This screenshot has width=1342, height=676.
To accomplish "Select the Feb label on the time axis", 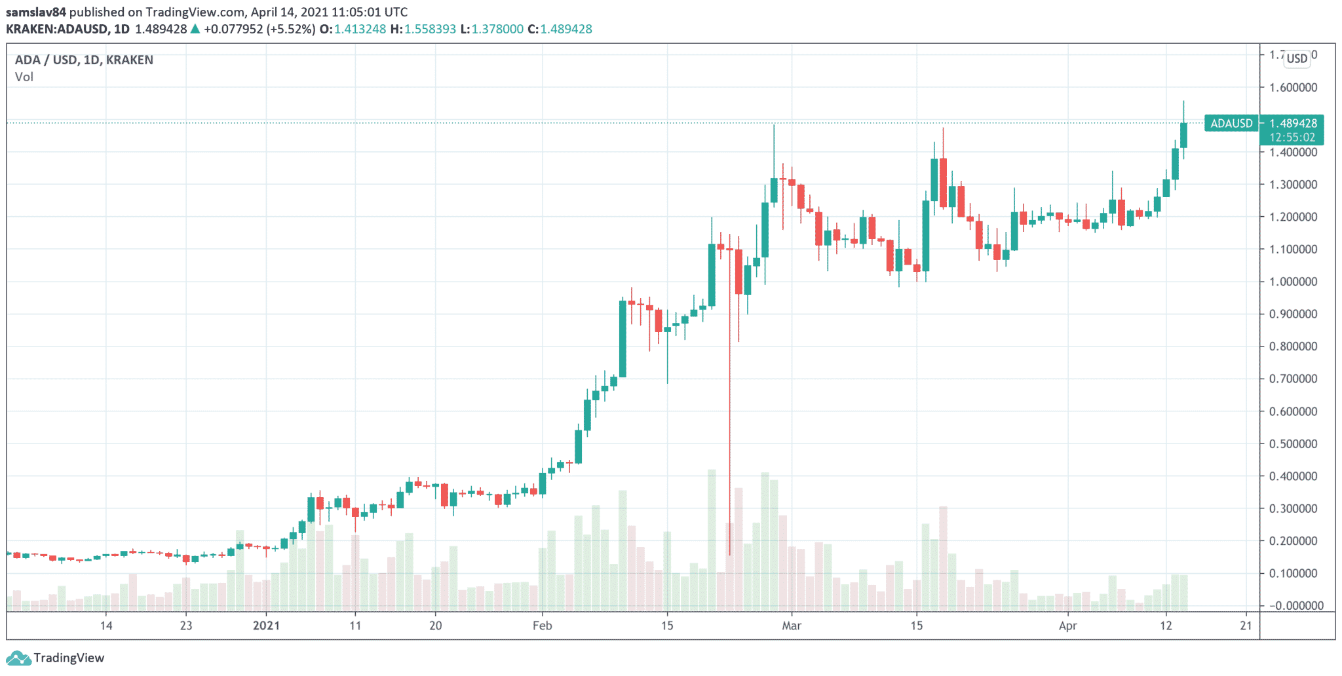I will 542,626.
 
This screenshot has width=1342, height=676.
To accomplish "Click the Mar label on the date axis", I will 792,626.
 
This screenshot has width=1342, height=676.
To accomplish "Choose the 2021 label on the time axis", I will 266,626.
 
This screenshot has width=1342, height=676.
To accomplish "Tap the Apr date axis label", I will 1068,626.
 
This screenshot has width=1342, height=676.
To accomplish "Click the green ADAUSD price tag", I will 1231,123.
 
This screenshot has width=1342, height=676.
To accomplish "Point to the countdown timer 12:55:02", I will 1292,138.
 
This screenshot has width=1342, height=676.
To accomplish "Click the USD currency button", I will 1297,58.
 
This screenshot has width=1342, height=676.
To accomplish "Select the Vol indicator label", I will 24,77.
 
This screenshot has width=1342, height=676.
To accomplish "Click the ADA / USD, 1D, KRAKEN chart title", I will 84,60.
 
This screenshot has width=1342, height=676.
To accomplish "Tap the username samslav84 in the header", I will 36,12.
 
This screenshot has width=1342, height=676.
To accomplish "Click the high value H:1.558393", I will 423,29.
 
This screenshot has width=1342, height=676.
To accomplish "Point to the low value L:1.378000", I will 491,29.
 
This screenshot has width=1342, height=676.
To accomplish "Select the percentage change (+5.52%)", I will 291,29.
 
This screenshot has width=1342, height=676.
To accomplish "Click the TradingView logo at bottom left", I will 55,658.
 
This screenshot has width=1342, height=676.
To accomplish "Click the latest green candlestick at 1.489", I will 1183,135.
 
